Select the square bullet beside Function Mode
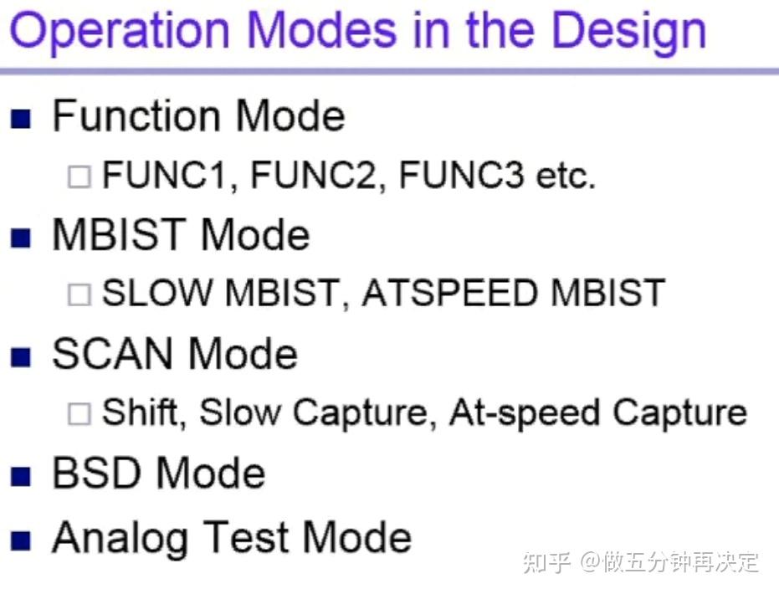pos(21,119)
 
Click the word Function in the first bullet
pos(137,116)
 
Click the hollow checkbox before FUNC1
pos(79,177)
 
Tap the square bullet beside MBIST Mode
pos(21,238)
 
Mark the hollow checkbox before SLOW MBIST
pos(79,294)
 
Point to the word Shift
pos(142,412)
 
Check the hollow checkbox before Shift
pos(79,414)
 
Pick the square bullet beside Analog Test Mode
pos(21,540)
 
